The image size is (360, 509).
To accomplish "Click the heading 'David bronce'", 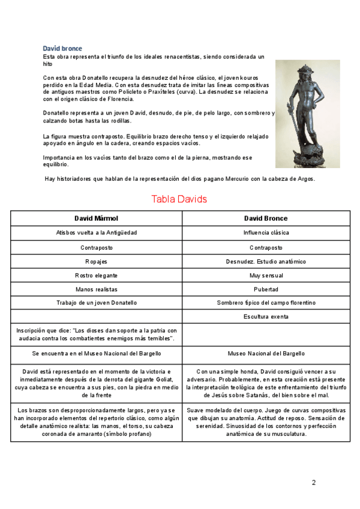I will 62,49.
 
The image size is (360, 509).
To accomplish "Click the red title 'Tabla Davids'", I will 179,199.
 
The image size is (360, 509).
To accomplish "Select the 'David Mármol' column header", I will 96,218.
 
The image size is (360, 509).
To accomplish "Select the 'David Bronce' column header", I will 266,218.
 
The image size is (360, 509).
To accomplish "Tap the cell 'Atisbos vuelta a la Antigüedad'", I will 96,232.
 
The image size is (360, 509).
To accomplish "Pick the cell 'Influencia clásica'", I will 266,232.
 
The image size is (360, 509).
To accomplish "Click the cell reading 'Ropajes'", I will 96,261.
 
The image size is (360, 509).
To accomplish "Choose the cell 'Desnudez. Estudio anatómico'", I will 266,261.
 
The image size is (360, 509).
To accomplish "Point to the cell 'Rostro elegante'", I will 96,276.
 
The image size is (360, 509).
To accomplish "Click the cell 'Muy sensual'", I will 266,276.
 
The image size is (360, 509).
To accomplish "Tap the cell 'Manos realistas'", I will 96,289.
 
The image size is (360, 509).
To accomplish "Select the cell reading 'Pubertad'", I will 266,289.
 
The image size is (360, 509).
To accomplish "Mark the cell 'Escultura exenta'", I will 266,316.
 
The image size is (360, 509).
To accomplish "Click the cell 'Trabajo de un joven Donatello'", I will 96,303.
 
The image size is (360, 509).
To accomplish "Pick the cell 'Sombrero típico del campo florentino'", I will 266,303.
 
